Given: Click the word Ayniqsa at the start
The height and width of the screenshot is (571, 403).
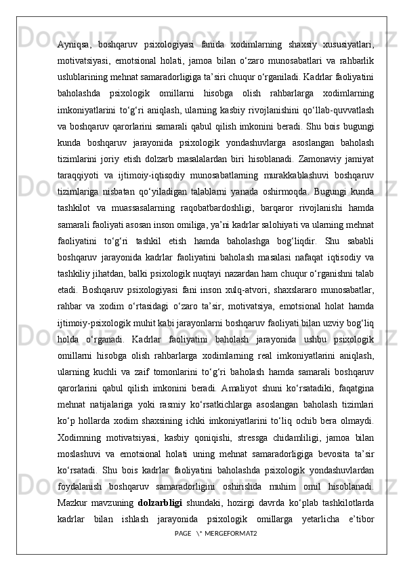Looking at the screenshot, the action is click(x=74, y=45).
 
